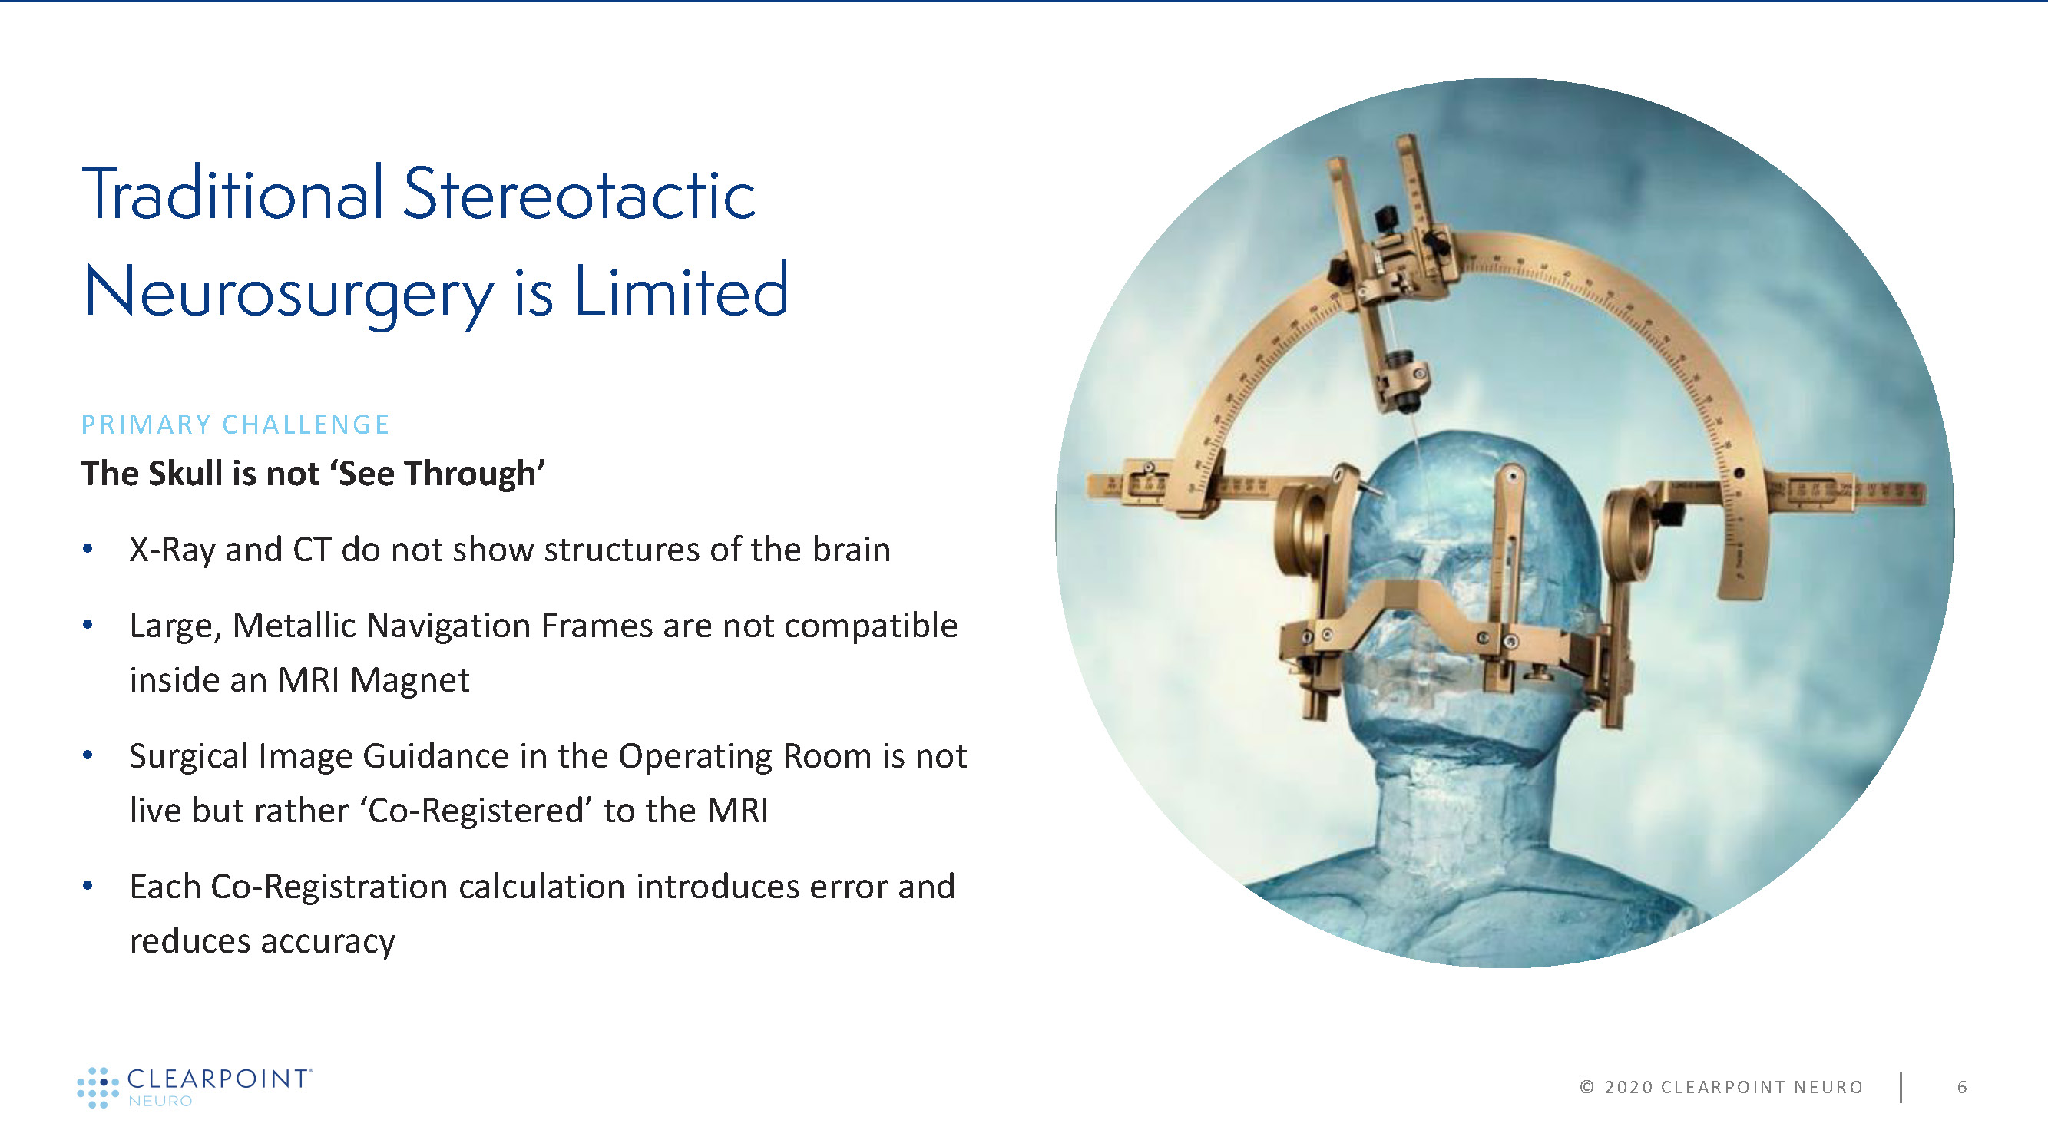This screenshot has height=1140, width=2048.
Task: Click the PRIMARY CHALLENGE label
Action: tap(235, 425)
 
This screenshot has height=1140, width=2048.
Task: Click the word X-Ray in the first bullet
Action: tap(172, 550)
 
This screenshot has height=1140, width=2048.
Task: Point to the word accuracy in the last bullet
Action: tap(328, 943)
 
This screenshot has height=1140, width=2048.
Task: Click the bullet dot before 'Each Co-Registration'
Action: tap(88, 885)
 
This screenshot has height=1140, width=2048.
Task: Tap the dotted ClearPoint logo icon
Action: tap(98, 1088)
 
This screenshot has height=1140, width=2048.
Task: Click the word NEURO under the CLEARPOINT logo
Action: tap(160, 1101)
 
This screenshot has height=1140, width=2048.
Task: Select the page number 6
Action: tap(1962, 1087)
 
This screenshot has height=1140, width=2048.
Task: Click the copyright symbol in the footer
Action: tap(1587, 1087)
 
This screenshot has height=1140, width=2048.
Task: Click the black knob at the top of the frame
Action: tap(1387, 216)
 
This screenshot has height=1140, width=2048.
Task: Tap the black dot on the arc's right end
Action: tap(1739, 473)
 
